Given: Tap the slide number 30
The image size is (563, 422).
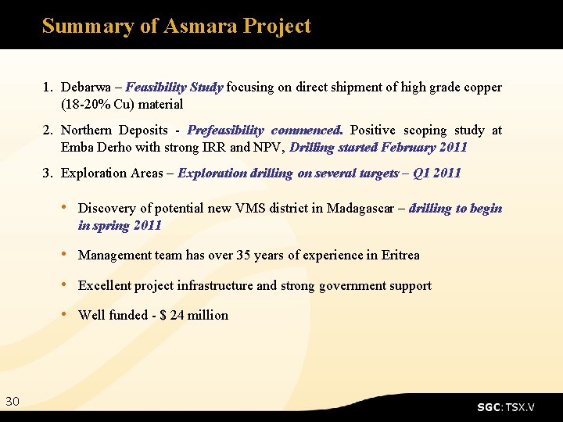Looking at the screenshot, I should pos(13,402).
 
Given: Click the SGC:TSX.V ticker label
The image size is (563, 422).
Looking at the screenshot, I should pos(506,407).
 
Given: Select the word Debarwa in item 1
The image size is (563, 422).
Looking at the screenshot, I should pos(85,88).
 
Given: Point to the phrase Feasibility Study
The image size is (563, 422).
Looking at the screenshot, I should pos(174,88).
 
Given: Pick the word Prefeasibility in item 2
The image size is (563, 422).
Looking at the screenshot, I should pos(225,131).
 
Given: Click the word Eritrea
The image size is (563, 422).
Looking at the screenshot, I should pos(400,256).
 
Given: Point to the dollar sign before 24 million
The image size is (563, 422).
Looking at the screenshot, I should pos(163,316).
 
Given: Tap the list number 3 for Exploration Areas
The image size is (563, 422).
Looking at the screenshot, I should pos(47,173).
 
